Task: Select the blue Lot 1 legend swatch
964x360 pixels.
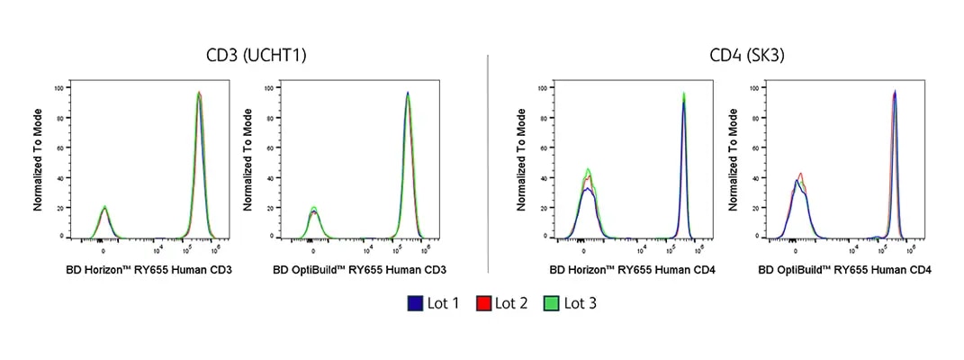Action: click(x=416, y=303)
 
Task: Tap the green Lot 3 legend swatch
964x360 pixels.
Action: click(x=552, y=303)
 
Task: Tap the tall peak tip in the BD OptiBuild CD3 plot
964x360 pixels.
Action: click(x=408, y=93)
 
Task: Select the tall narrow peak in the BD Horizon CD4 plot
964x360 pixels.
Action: click(x=684, y=94)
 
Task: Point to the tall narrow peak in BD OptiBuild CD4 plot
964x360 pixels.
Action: click(x=895, y=92)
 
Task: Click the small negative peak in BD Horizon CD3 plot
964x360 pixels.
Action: click(x=104, y=208)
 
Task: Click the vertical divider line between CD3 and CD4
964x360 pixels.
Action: click(x=487, y=162)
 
